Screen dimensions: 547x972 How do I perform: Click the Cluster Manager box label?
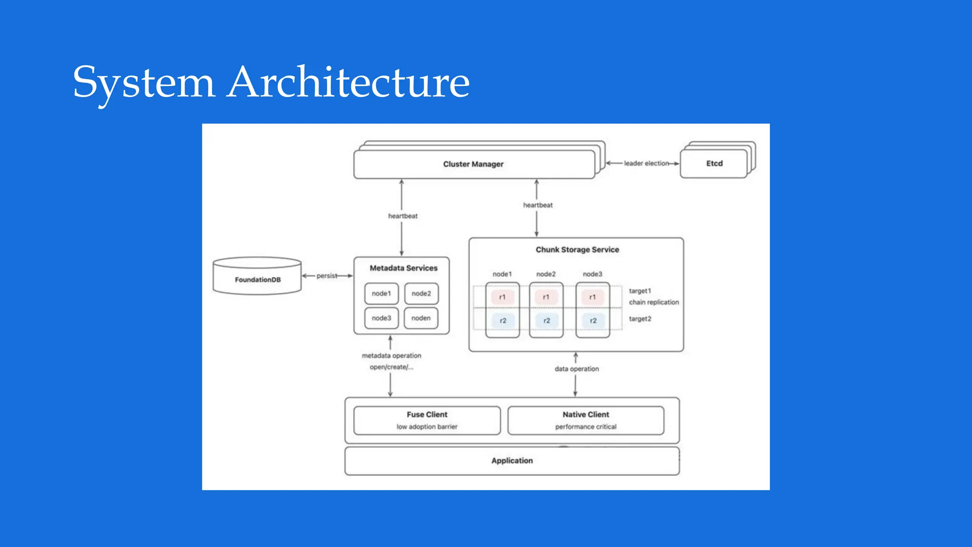(473, 164)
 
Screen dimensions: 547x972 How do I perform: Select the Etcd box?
(714, 164)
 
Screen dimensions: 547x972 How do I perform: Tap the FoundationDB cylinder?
(257, 279)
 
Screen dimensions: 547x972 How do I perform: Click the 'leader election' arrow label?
(646, 163)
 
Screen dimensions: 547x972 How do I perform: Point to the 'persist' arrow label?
(327, 276)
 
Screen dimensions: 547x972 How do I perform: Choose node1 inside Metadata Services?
(381, 294)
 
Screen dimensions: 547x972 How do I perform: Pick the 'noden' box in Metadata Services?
(421, 318)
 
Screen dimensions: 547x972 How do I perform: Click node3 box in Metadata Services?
(381, 318)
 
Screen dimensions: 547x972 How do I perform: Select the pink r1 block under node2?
(546, 297)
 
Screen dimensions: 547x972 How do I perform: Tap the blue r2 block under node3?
(593, 321)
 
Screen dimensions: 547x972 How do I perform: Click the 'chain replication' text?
(654, 302)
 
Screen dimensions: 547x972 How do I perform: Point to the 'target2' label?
(640, 319)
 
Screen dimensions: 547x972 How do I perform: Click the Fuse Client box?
(427, 420)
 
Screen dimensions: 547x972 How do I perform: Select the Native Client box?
(586, 420)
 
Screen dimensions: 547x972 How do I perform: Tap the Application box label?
(512, 461)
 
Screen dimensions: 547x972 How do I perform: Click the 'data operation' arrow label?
(577, 369)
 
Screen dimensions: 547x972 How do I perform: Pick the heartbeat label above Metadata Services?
(402, 216)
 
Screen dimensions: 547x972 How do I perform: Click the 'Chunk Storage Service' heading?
(577, 250)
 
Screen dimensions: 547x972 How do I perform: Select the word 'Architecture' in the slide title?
(348, 83)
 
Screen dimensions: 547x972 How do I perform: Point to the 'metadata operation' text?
(392, 356)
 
